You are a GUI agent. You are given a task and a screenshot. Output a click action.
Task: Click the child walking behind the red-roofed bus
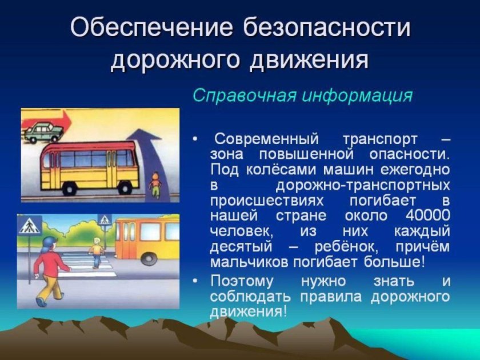[x=154, y=186]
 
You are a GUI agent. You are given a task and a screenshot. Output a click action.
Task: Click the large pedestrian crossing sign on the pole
[x=27, y=227]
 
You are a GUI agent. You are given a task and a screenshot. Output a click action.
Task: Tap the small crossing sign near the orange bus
[x=105, y=219]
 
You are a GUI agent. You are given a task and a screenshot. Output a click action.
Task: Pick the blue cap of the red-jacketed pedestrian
[x=49, y=242]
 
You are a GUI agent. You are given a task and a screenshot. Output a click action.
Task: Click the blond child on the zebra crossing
[x=97, y=253]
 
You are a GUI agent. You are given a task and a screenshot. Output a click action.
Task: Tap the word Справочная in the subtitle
[x=234, y=95]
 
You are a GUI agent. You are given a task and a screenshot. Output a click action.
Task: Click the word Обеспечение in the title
[x=152, y=29]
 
